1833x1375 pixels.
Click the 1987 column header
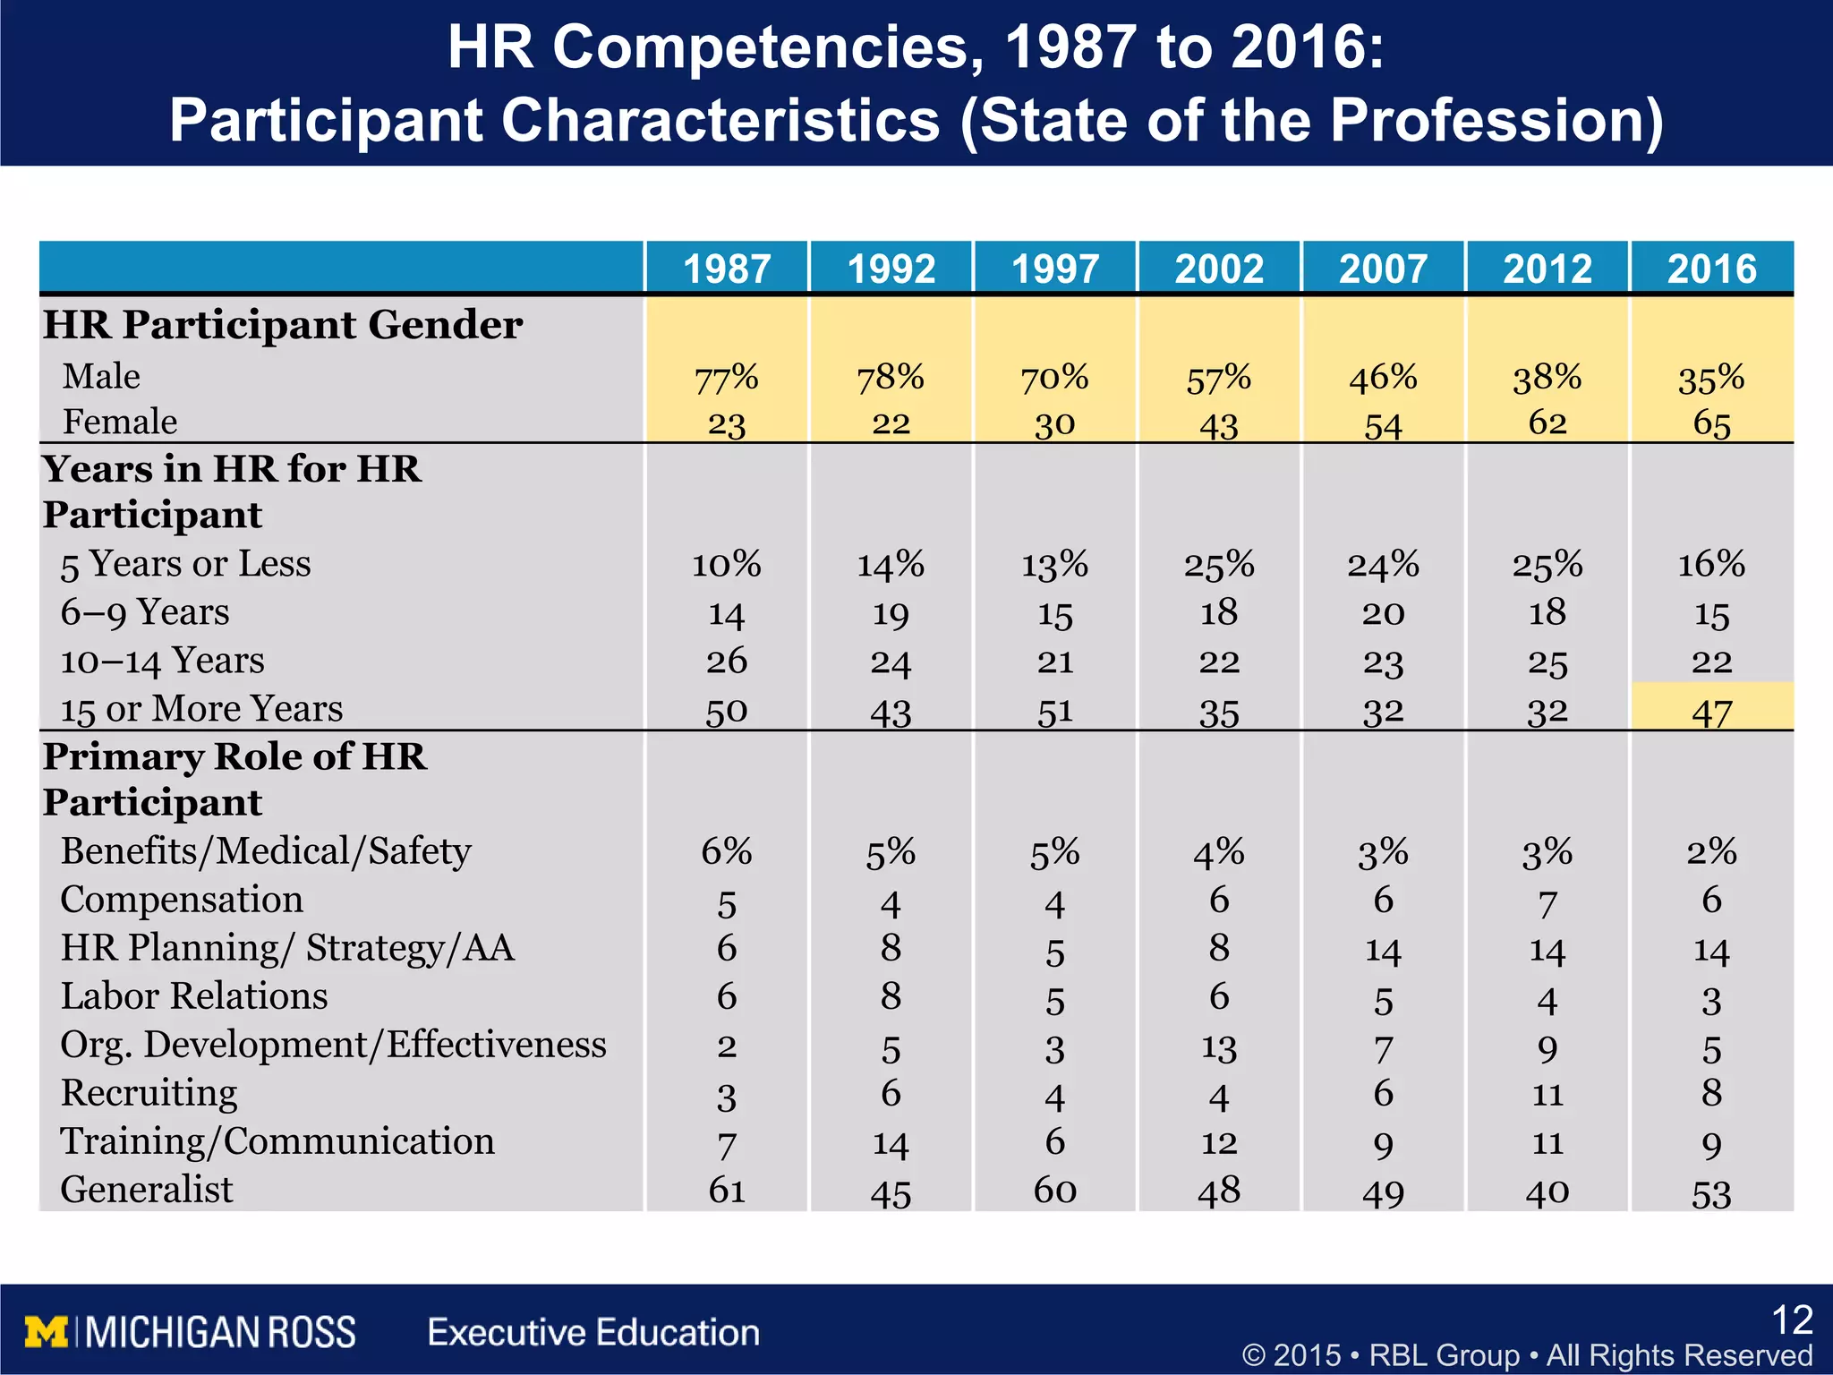[726, 269]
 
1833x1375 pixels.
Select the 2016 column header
[1711, 269]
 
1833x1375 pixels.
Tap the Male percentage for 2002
[1218, 378]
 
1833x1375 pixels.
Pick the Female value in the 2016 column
[1711, 423]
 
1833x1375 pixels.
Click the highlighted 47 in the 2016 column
[1711, 713]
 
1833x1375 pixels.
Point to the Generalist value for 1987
[726, 1191]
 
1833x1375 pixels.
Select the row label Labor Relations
[193, 996]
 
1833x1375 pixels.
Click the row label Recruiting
[149, 1093]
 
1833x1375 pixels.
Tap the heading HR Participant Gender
[283, 324]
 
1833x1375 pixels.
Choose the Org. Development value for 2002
[1218, 1048]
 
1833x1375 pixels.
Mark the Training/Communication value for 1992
[890, 1144]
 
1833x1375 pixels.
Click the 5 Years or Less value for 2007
[1383, 565]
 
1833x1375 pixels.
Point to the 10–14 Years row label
[162, 662]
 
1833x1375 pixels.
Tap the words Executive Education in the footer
[593, 1332]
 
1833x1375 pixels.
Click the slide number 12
[1792, 1320]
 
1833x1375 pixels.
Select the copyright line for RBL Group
[1527, 1355]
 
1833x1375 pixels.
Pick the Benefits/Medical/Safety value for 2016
[1711, 851]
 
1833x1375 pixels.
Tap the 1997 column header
[1054, 269]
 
